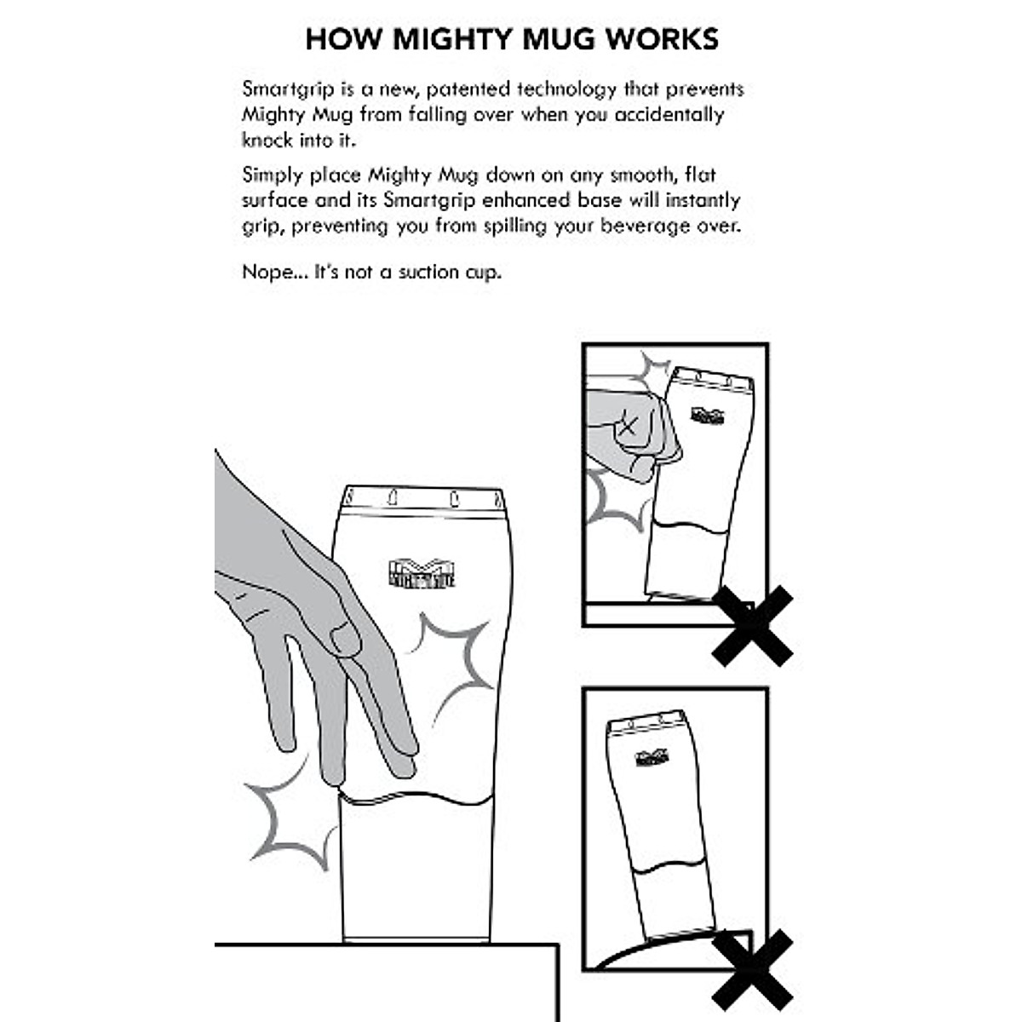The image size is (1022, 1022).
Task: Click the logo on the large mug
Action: (421, 573)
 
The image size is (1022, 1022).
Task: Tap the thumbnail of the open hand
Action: (344, 640)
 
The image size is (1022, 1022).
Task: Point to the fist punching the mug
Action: (634, 430)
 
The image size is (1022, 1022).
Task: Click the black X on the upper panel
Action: (752, 625)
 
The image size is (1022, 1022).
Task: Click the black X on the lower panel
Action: (752, 969)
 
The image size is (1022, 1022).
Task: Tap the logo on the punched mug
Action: (707, 416)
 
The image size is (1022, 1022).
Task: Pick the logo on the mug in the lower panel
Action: (652, 757)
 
